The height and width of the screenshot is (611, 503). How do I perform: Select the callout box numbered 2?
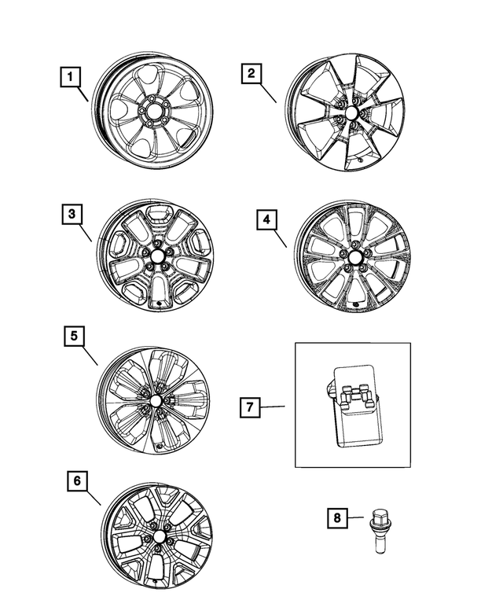pyautogui.click(x=251, y=75)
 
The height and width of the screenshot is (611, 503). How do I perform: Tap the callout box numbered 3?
pyautogui.click(x=71, y=213)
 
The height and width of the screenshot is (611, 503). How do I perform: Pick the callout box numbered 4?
pyautogui.click(x=266, y=220)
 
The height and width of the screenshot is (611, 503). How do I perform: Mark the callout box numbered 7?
pyautogui.click(x=248, y=407)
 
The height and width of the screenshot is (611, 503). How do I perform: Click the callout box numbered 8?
pyautogui.click(x=336, y=517)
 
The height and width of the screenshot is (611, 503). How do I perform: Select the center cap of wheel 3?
pyautogui.click(x=156, y=255)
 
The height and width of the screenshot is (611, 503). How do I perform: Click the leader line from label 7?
pyautogui.click(x=272, y=407)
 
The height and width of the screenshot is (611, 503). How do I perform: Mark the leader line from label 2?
pyautogui.click(x=269, y=93)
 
